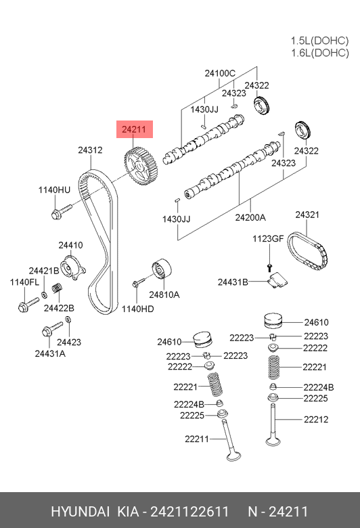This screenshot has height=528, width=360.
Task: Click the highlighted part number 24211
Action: tap(134, 129)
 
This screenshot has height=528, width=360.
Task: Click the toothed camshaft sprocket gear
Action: tap(141, 167)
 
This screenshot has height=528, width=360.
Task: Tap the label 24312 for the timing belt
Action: tap(90, 150)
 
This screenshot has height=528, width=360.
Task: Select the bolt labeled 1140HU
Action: tap(62, 211)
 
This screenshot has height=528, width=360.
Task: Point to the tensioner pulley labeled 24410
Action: tap(72, 267)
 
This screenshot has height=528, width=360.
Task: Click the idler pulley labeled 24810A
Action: tap(161, 269)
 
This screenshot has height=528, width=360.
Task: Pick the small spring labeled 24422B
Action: tap(58, 288)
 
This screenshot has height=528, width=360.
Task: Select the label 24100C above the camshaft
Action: tap(220, 73)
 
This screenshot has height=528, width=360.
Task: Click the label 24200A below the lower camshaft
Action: tap(250, 217)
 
